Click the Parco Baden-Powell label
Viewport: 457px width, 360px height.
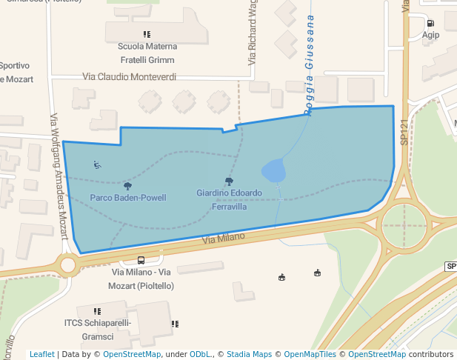(x=127, y=198)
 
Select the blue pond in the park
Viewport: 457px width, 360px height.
(x=274, y=171)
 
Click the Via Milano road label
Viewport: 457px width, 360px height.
(x=223, y=239)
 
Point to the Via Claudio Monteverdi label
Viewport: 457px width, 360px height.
(x=130, y=76)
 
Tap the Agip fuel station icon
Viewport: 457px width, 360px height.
(x=430, y=23)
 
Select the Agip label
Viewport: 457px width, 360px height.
(x=430, y=35)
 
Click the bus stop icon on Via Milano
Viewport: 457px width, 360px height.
(x=141, y=261)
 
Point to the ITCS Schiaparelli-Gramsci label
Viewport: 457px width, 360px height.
(x=97, y=328)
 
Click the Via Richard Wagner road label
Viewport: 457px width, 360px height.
(x=253, y=33)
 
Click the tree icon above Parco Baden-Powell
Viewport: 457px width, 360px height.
(x=127, y=186)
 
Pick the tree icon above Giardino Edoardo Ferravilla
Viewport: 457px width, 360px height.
(x=228, y=181)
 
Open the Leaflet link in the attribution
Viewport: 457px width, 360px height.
(x=41, y=354)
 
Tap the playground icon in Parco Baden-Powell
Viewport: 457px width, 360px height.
(x=98, y=164)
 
